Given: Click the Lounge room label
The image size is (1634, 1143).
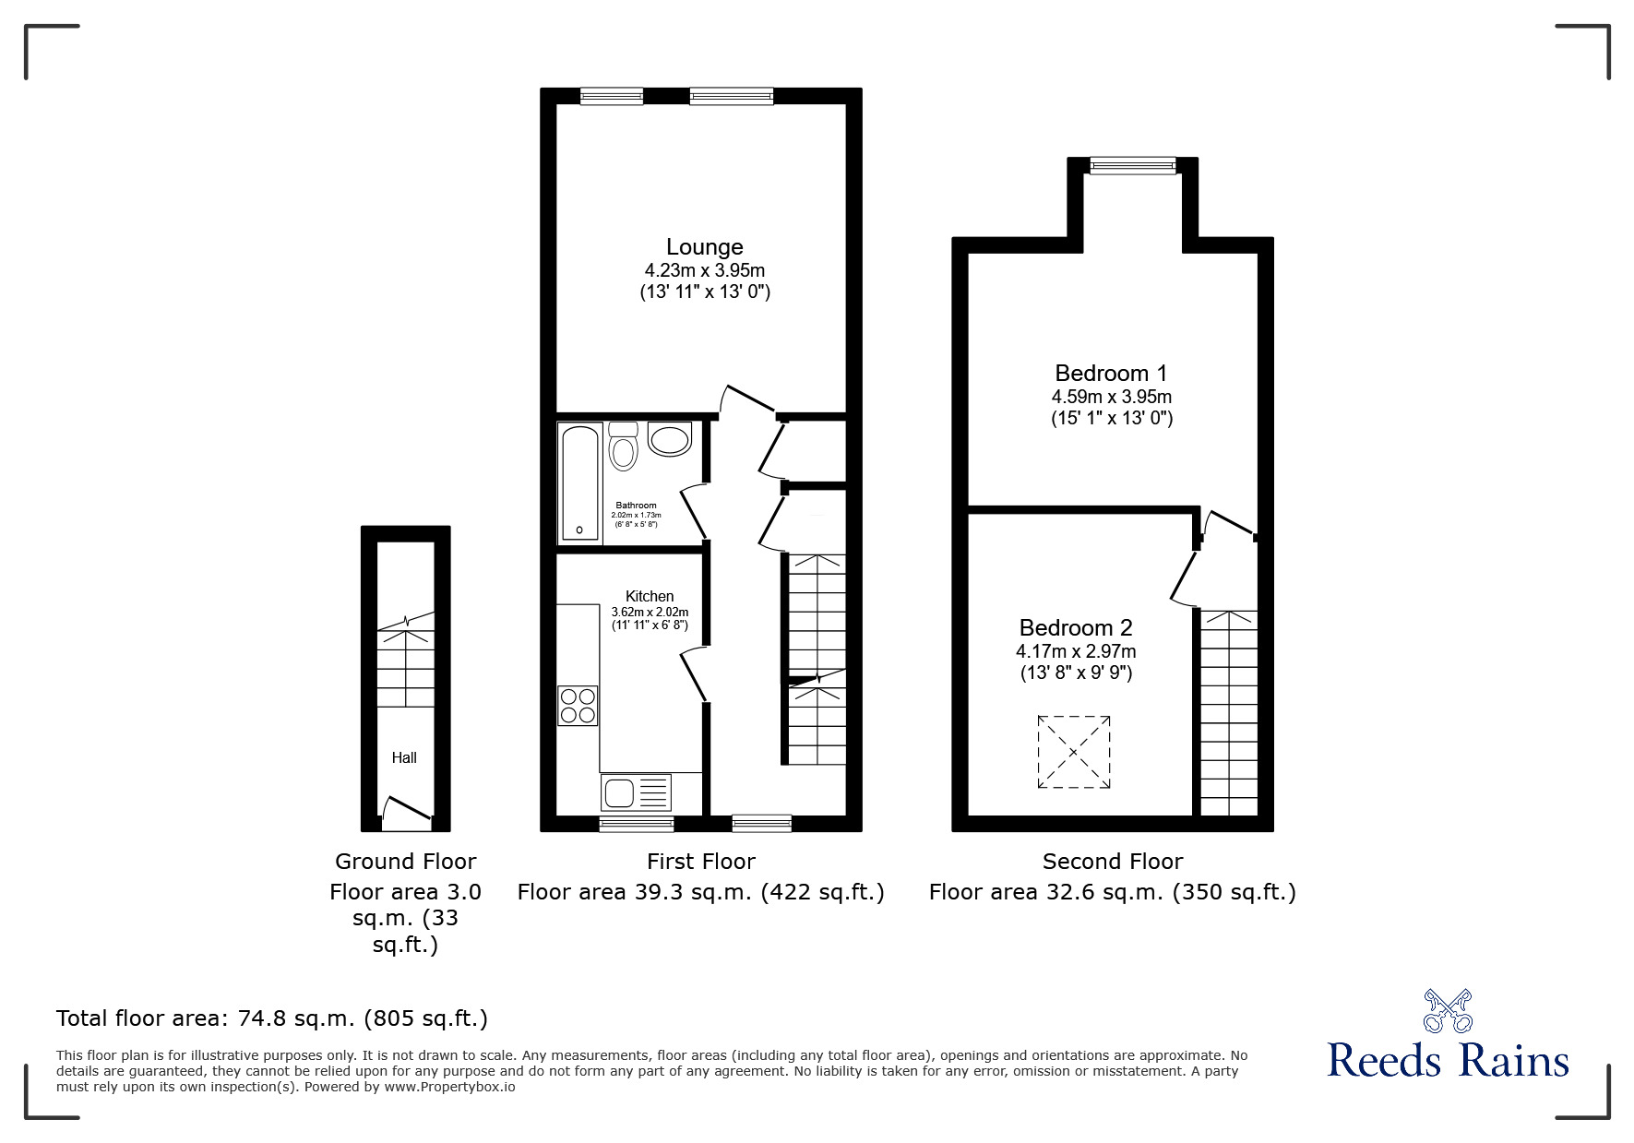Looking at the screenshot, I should (704, 247).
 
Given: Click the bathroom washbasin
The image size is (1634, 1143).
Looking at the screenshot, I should (670, 439).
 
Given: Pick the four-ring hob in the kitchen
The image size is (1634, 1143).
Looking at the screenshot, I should (578, 706).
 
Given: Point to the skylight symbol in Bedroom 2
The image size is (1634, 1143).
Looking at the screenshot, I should (1073, 752).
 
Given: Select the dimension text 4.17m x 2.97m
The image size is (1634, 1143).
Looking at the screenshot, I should (1076, 651).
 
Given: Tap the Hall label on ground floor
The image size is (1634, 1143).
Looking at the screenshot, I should (404, 758).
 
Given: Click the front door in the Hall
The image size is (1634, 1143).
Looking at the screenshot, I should (407, 808).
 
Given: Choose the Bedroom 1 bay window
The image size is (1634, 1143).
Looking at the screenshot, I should (1132, 166).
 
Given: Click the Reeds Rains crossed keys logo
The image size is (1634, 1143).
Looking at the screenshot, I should (1448, 1011).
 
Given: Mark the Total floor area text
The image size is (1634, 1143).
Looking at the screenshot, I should (272, 1018).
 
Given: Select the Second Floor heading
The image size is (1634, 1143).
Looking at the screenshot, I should (1112, 862).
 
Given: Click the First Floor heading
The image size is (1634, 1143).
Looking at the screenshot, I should (700, 862).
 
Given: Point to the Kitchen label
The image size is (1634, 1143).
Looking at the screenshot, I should (650, 596).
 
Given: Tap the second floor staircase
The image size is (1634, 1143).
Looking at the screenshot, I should (1229, 710).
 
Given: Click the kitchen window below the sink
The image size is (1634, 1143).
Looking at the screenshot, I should (636, 823).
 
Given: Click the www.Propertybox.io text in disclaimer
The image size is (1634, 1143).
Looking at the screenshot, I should (449, 1087).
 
